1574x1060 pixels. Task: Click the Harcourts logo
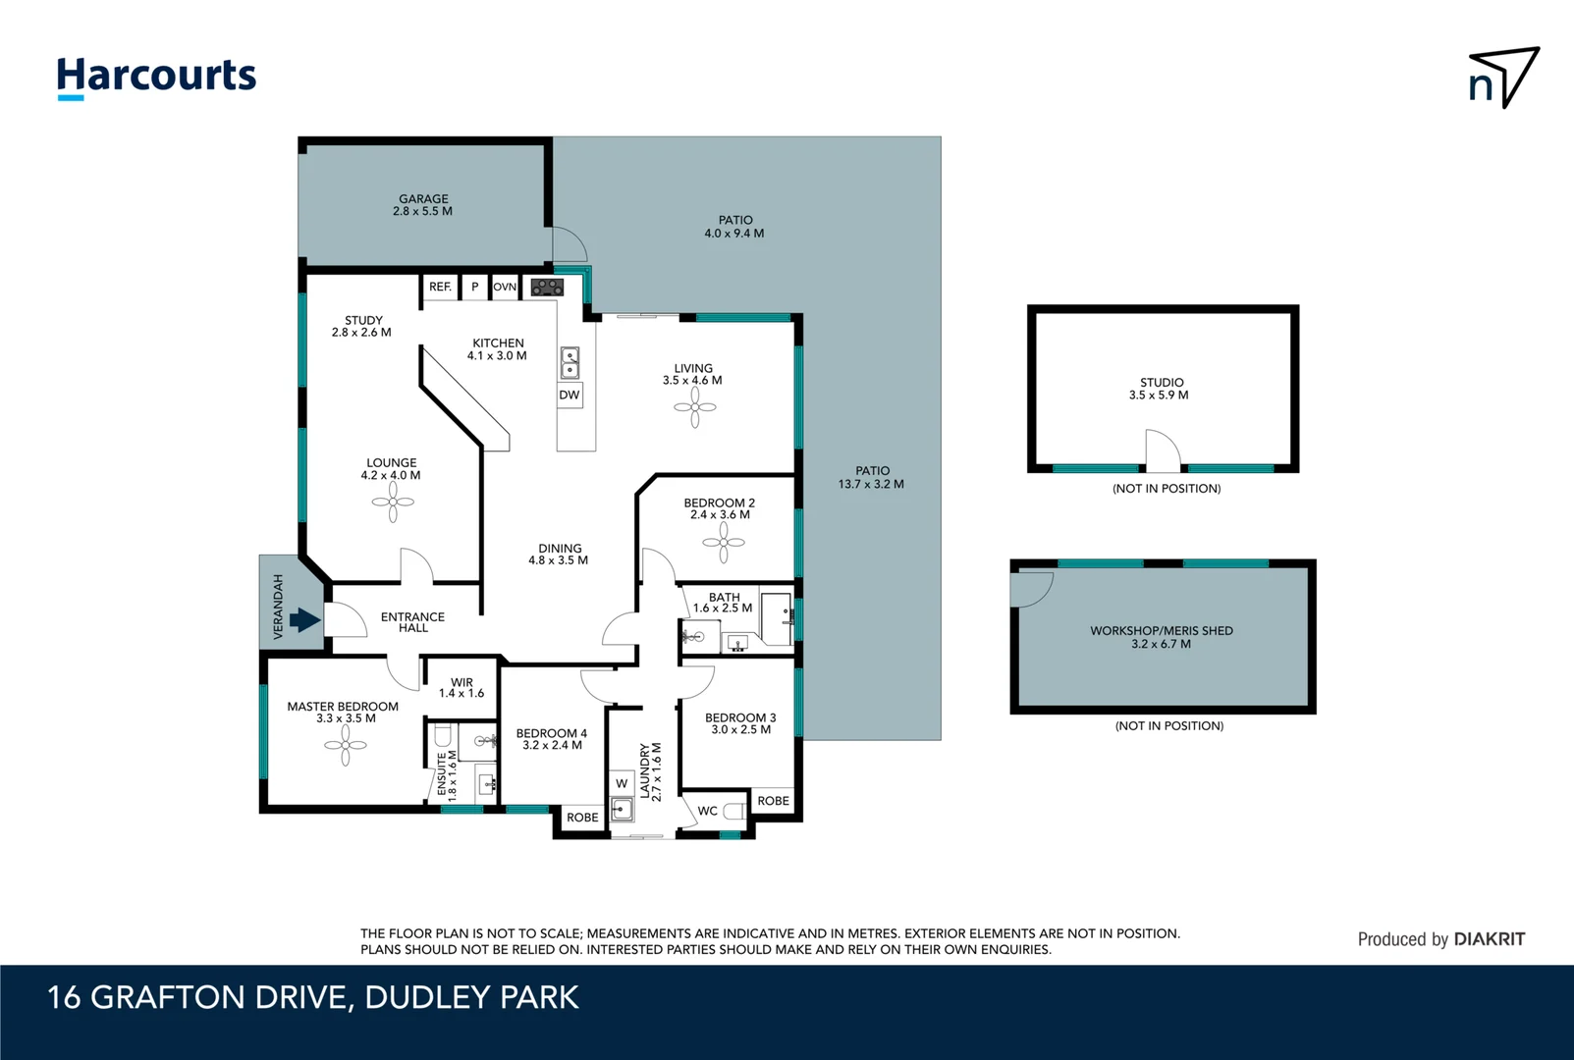(156, 77)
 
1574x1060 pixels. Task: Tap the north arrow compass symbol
(1503, 78)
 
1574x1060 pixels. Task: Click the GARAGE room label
(423, 199)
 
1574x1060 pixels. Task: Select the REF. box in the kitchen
(440, 287)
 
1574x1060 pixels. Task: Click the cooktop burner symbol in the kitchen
(547, 288)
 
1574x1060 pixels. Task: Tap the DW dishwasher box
(570, 396)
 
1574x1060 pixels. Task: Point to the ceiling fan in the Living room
(695, 407)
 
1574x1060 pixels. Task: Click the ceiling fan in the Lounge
(393, 503)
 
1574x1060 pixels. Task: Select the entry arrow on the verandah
(304, 620)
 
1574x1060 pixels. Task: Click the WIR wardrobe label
(461, 682)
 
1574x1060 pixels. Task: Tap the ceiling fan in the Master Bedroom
(346, 746)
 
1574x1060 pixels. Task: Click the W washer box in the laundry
(622, 783)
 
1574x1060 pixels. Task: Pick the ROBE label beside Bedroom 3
(773, 801)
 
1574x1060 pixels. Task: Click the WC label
(707, 811)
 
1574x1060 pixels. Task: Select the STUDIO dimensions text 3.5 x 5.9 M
(1159, 396)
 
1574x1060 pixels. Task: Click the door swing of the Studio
(1164, 450)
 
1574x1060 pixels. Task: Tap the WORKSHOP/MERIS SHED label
(1162, 631)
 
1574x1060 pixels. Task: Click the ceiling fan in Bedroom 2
(724, 543)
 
